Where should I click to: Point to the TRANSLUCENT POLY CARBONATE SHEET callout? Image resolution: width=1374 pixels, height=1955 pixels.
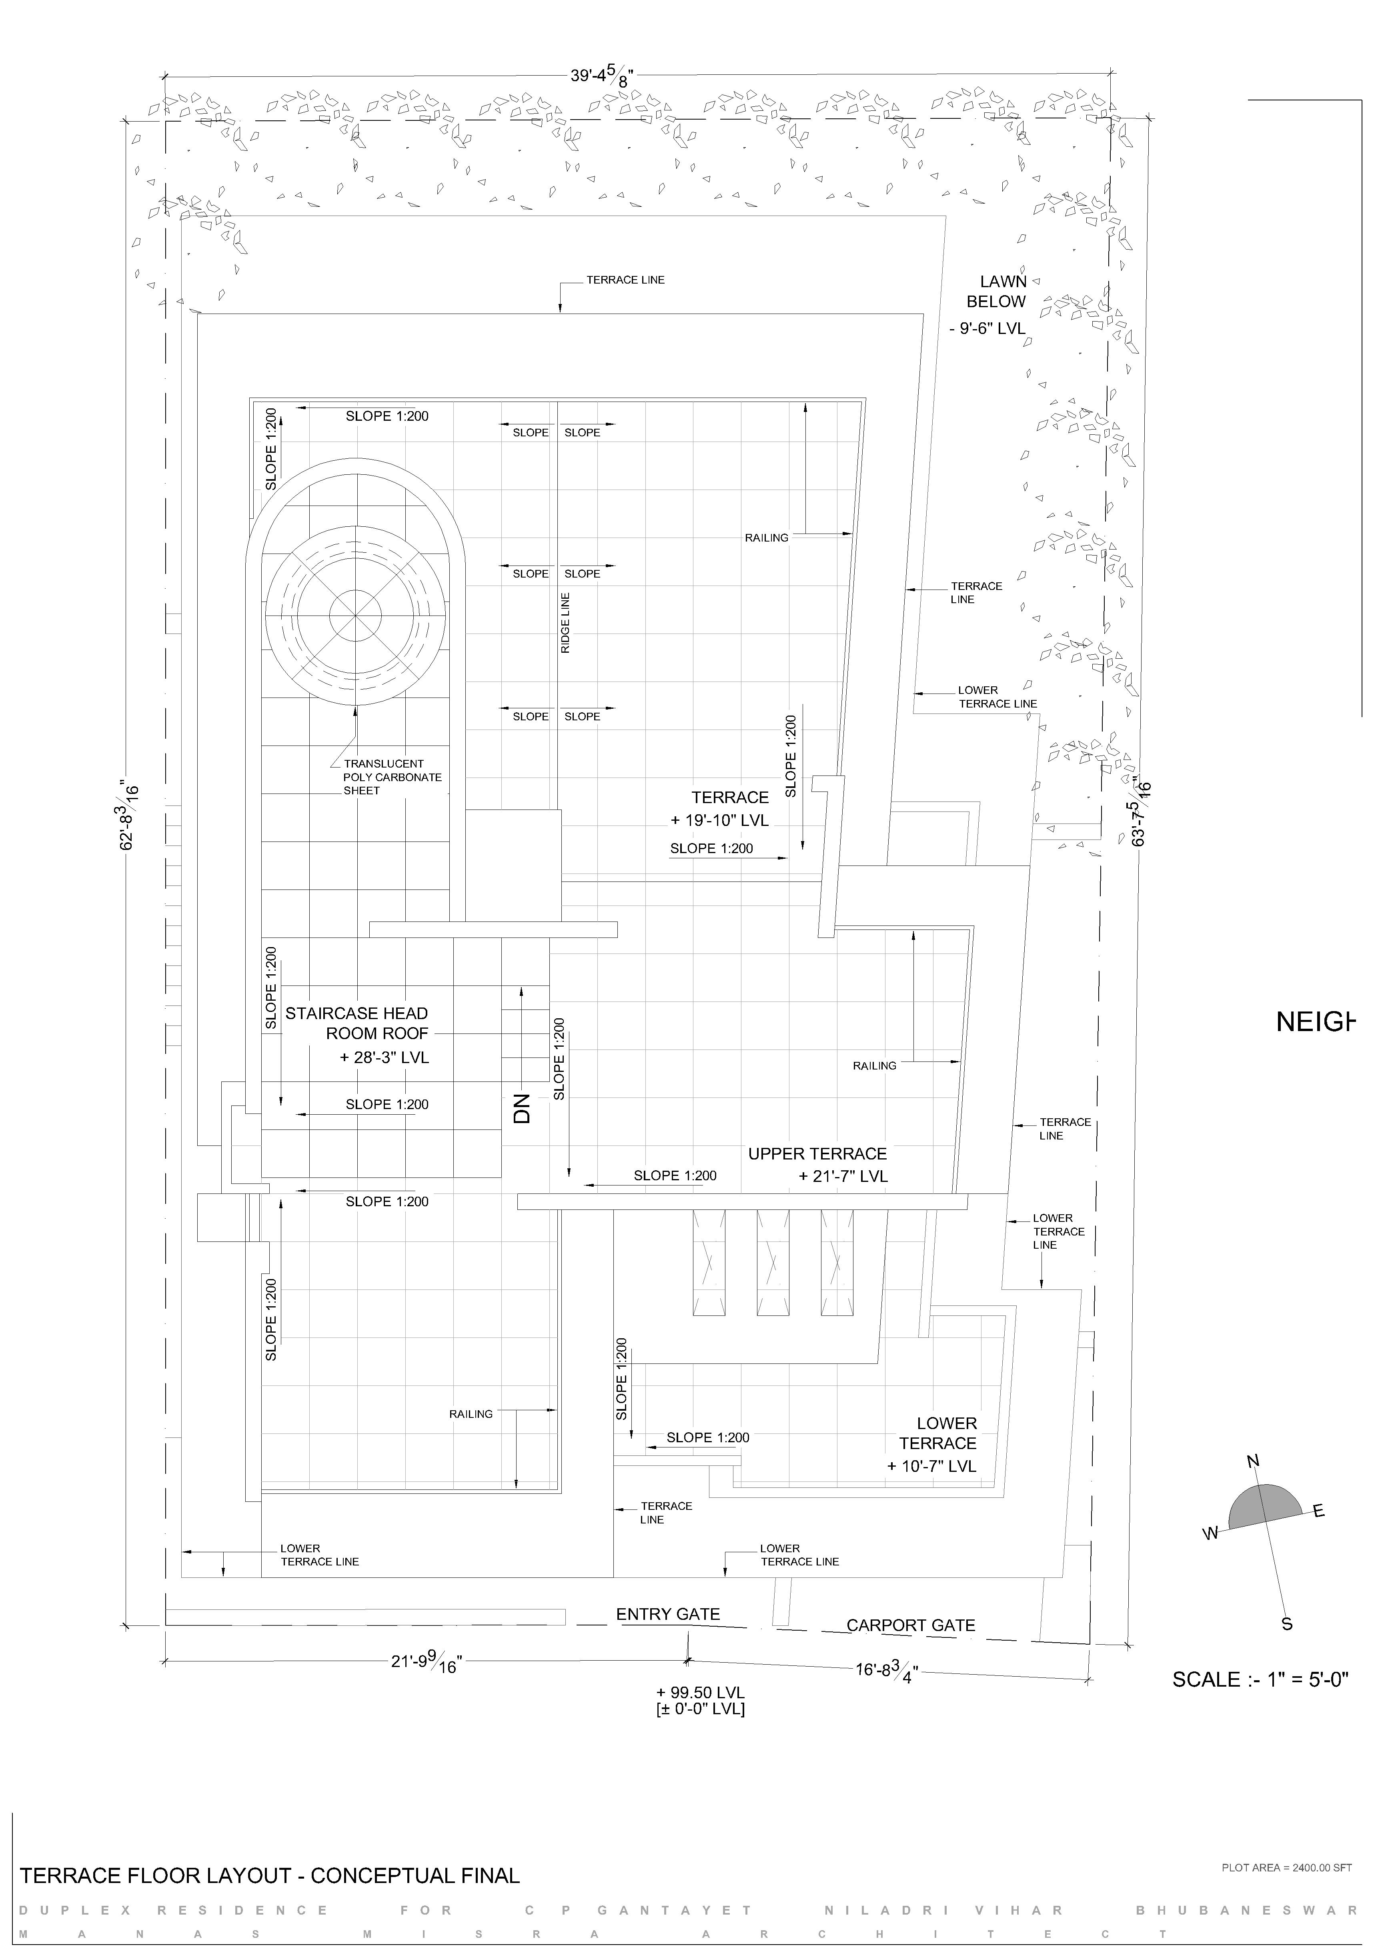click(392, 777)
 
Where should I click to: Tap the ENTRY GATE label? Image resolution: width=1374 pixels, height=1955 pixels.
click(668, 1614)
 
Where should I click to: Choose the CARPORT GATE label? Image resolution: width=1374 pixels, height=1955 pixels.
click(911, 1625)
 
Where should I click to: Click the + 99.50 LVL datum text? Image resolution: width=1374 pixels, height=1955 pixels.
click(700, 1692)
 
